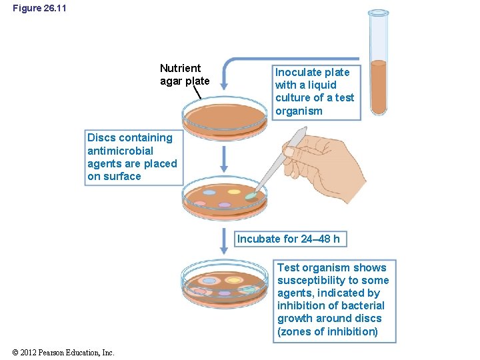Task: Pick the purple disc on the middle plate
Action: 225,205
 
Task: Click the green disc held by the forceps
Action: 251,197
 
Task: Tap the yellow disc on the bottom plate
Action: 233,279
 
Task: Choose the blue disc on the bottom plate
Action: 209,281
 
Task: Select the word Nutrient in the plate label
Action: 180,68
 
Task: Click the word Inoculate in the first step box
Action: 299,72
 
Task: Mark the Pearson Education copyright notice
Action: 63,353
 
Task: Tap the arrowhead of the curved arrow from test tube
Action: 225,85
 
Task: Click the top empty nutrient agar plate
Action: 225,115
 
